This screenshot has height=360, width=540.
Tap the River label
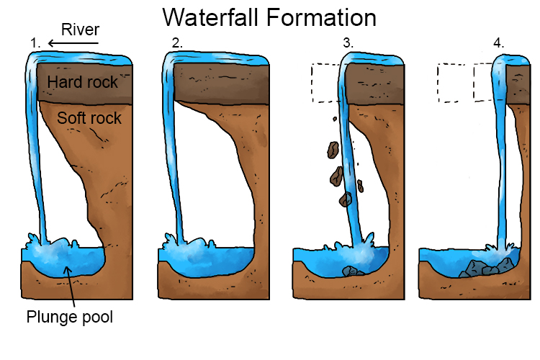[x=79, y=30]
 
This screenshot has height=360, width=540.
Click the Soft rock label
[x=89, y=117]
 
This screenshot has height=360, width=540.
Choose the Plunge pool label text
[x=70, y=317]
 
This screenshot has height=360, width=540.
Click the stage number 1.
[x=35, y=44]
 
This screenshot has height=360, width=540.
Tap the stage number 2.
[x=177, y=44]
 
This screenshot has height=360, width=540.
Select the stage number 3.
[x=348, y=44]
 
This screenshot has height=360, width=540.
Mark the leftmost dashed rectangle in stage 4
[x=454, y=83]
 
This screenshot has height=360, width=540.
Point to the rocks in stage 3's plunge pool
[x=354, y=271]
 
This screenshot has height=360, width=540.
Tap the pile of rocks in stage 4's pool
[x=482, y=267]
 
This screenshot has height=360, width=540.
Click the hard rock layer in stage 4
[x=518, y=83]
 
